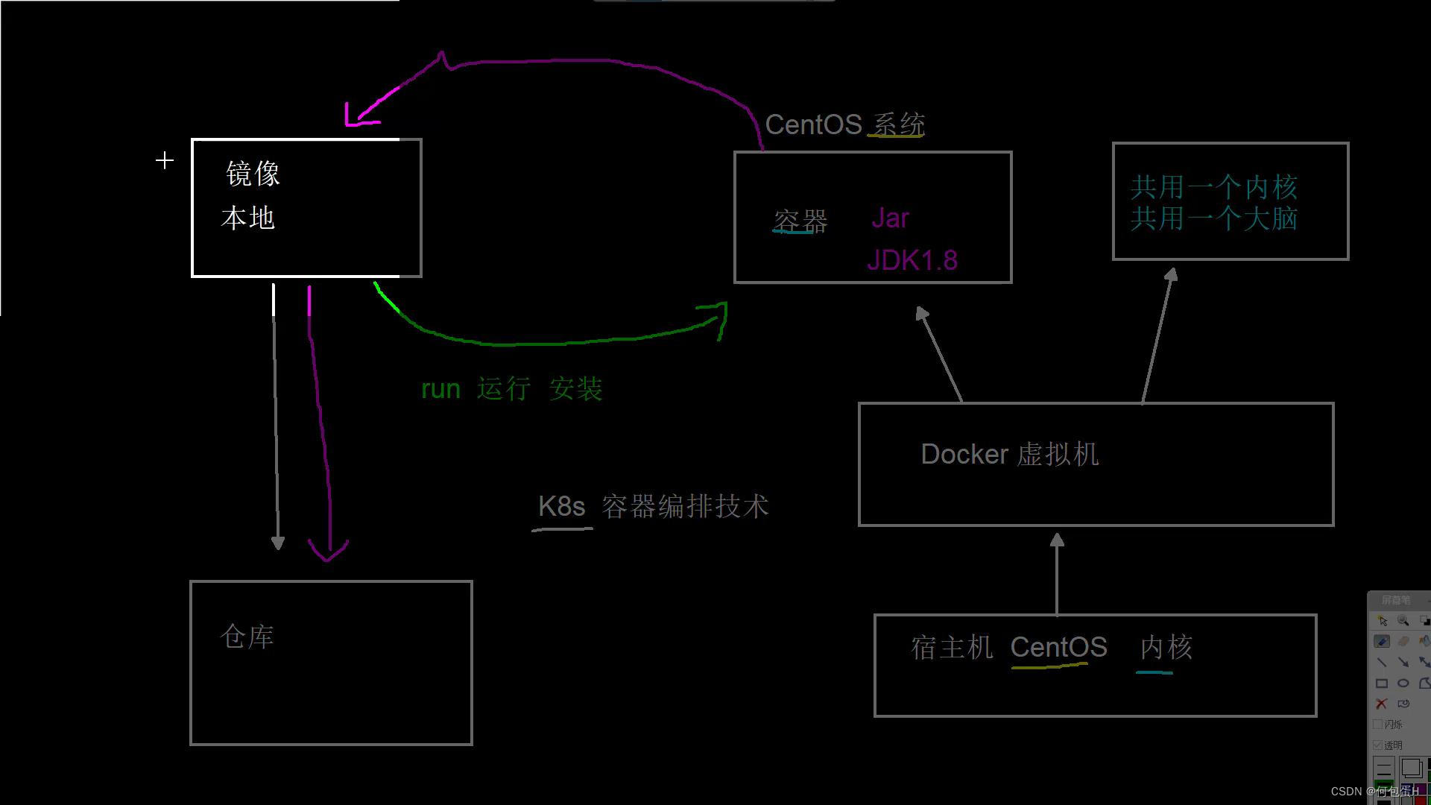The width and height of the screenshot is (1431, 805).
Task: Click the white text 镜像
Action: [x=253, y=174]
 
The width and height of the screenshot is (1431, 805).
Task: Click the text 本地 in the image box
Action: [x=248, y=218]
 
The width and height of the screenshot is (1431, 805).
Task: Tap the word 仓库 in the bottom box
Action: [x=247, y=637]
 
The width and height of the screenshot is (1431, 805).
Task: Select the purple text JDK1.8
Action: [x=912, y=260]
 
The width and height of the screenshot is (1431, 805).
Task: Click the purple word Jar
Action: [x=890, y=218]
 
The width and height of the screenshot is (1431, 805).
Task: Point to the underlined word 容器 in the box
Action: [x=800, y=221]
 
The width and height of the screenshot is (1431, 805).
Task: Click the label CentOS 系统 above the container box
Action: [x=844, y=124]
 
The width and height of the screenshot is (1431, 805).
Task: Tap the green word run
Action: [x=440, y=389]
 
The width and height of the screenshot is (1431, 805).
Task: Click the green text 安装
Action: [x=575, y=388]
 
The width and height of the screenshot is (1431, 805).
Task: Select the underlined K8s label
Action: [x=561, y=507]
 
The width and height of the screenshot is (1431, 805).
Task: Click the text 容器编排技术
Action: [x=684, y=507]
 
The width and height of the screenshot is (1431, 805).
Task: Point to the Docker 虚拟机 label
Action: [x=1009, y=454]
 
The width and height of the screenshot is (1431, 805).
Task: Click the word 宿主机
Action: [x=952, y=647]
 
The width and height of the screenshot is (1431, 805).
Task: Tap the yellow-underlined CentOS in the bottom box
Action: [x=1058, y=647]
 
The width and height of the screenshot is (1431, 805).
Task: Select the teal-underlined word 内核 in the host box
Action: [x=1166, y=647]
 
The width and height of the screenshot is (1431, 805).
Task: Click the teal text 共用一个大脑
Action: [x=1213, y=218]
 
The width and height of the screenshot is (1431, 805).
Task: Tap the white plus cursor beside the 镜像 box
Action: [x=165, y=160]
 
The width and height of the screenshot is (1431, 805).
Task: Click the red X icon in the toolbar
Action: [x=1381, y=704]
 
